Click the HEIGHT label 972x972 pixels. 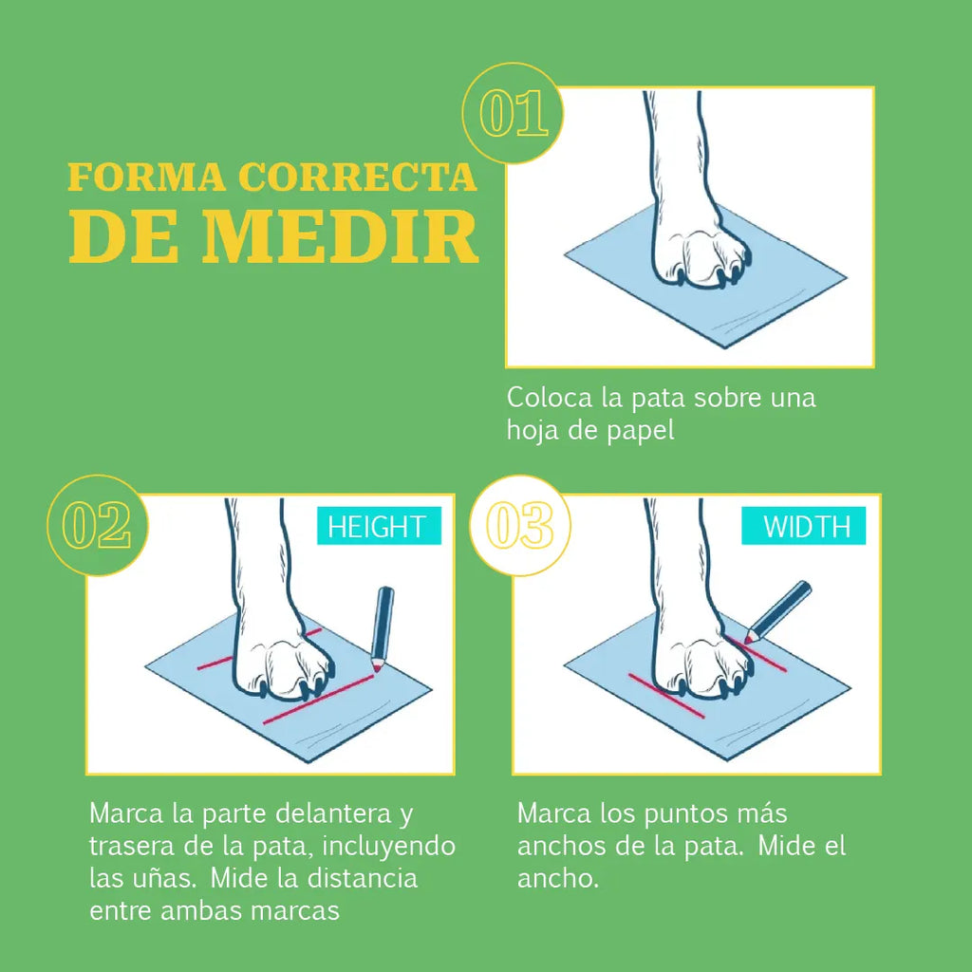pyautogui.click(x=379, y=526)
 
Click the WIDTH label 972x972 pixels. pyautogui.click(x=803, y=526)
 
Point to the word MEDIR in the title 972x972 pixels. pyautogui.click(x=340, y=236)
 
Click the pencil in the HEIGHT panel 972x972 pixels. pyautogui.click(x=382, y=628)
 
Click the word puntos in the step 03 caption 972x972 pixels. pyautogui.click(x=683, y=814)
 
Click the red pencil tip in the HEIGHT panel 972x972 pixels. pyautogui.click(x=377, y=668)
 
